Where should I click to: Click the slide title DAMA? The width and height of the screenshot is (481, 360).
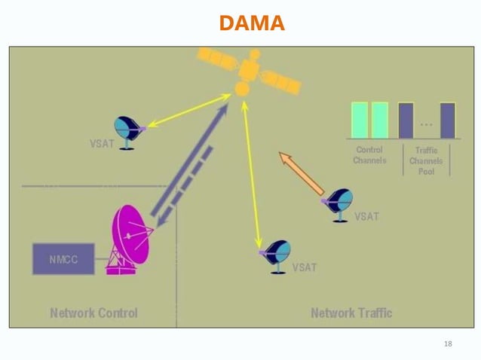252,24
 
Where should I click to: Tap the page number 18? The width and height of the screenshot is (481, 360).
448,344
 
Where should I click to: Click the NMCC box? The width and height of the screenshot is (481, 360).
63,259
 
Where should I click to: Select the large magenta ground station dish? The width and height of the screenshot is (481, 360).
131,236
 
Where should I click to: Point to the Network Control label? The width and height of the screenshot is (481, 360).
93,313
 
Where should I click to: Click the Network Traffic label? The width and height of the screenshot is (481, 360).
351,313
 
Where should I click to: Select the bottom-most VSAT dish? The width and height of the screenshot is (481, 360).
276,255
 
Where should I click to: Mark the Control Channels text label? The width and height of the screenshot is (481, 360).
369,155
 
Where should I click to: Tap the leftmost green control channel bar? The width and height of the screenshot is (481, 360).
360,120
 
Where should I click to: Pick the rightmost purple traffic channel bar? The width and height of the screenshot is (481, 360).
448,121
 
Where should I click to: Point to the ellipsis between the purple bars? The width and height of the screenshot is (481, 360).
427,124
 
